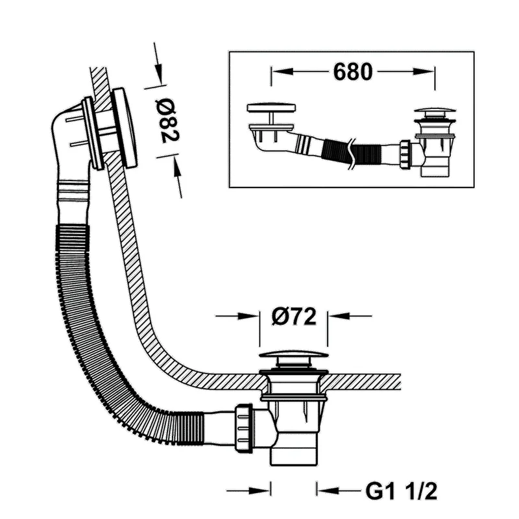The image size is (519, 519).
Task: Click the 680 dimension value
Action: tap(352, 71)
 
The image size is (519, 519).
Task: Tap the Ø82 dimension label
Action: tap(168, 121)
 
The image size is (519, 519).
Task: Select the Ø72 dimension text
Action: tap(294, 317)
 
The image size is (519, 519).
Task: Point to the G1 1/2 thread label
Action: tap(401, 491)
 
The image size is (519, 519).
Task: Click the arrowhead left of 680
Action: tap(282, 71)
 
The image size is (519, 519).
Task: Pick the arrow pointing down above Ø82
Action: tap(158, 64)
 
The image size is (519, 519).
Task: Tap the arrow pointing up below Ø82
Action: tap(178, 177)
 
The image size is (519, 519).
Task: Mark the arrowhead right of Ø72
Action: tap(339, 316)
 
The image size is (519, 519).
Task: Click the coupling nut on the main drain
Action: tap(244, 428)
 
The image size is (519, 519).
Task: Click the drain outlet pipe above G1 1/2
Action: tap(294, 454)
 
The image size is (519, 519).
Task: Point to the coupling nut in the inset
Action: tap(405, 154)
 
